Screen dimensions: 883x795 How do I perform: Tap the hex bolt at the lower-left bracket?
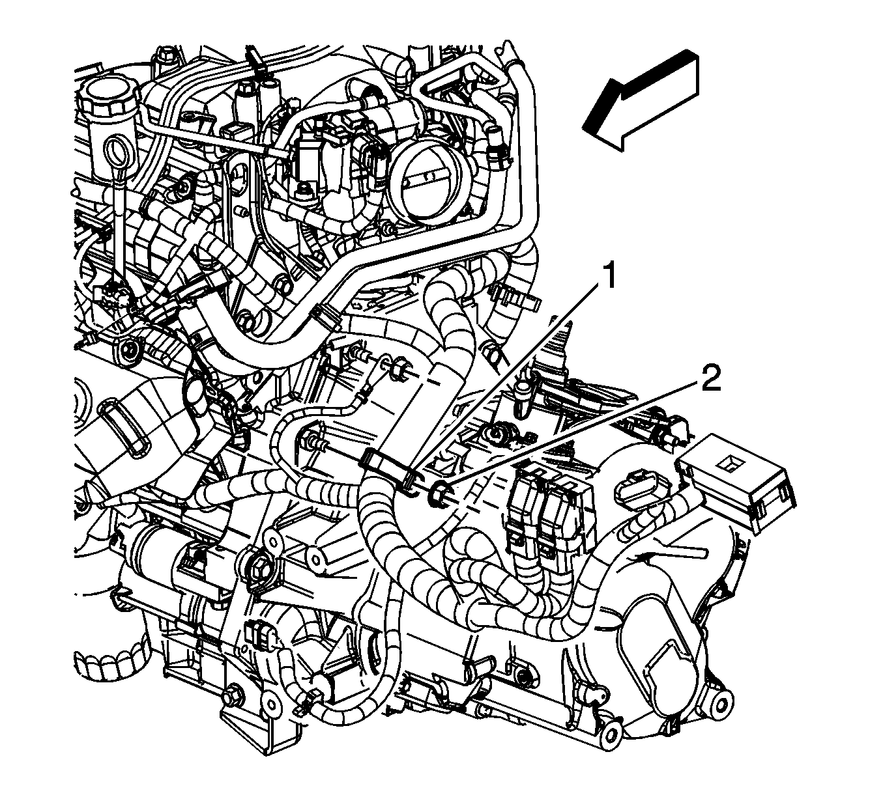pos(231,698)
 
